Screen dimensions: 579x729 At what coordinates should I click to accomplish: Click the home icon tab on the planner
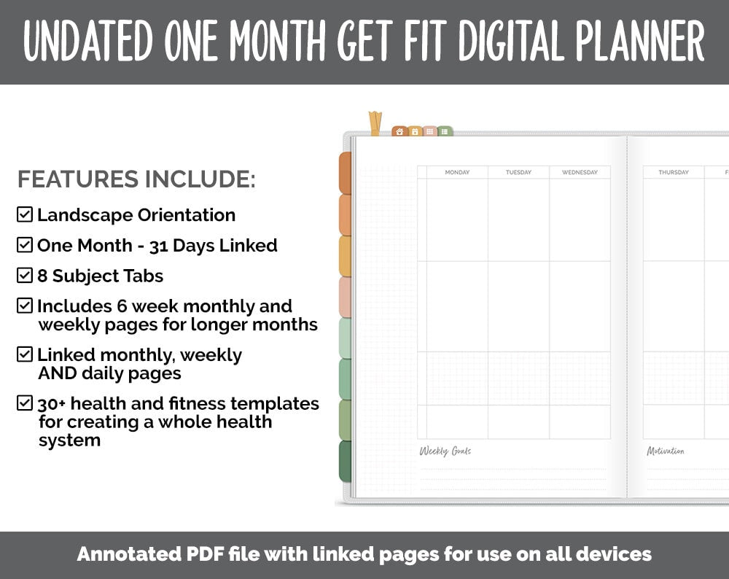click(399, 132)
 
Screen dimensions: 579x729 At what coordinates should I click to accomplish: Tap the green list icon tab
click(445, 132)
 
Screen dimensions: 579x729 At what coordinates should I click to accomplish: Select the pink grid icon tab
click(430, 132)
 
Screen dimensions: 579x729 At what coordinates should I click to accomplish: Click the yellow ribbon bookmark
click(375, 123)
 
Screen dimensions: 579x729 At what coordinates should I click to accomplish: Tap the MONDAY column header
click(457, 173)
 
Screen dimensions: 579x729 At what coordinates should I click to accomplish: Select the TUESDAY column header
click(518, 173)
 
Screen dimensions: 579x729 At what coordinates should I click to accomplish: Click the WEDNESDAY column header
click(580, 173)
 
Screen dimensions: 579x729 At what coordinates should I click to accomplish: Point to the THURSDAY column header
click(673, 173)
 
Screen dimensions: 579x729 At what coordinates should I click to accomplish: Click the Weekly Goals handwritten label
click(445, 451)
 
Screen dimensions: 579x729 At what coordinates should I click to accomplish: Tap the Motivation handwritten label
click(666, 451)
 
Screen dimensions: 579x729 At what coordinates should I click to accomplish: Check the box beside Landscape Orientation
click(25, 214)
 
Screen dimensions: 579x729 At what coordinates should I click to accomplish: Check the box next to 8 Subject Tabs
click(25, 276)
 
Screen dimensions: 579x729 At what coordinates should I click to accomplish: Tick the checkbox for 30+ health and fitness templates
click(25, 403)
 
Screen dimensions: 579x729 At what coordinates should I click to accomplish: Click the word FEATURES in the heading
click(78, 179)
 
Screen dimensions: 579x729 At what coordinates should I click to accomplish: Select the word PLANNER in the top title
click(639, 42)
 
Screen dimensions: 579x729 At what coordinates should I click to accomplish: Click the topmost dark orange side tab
click(345, 174)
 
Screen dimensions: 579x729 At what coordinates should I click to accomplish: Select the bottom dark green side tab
click(345, 462)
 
